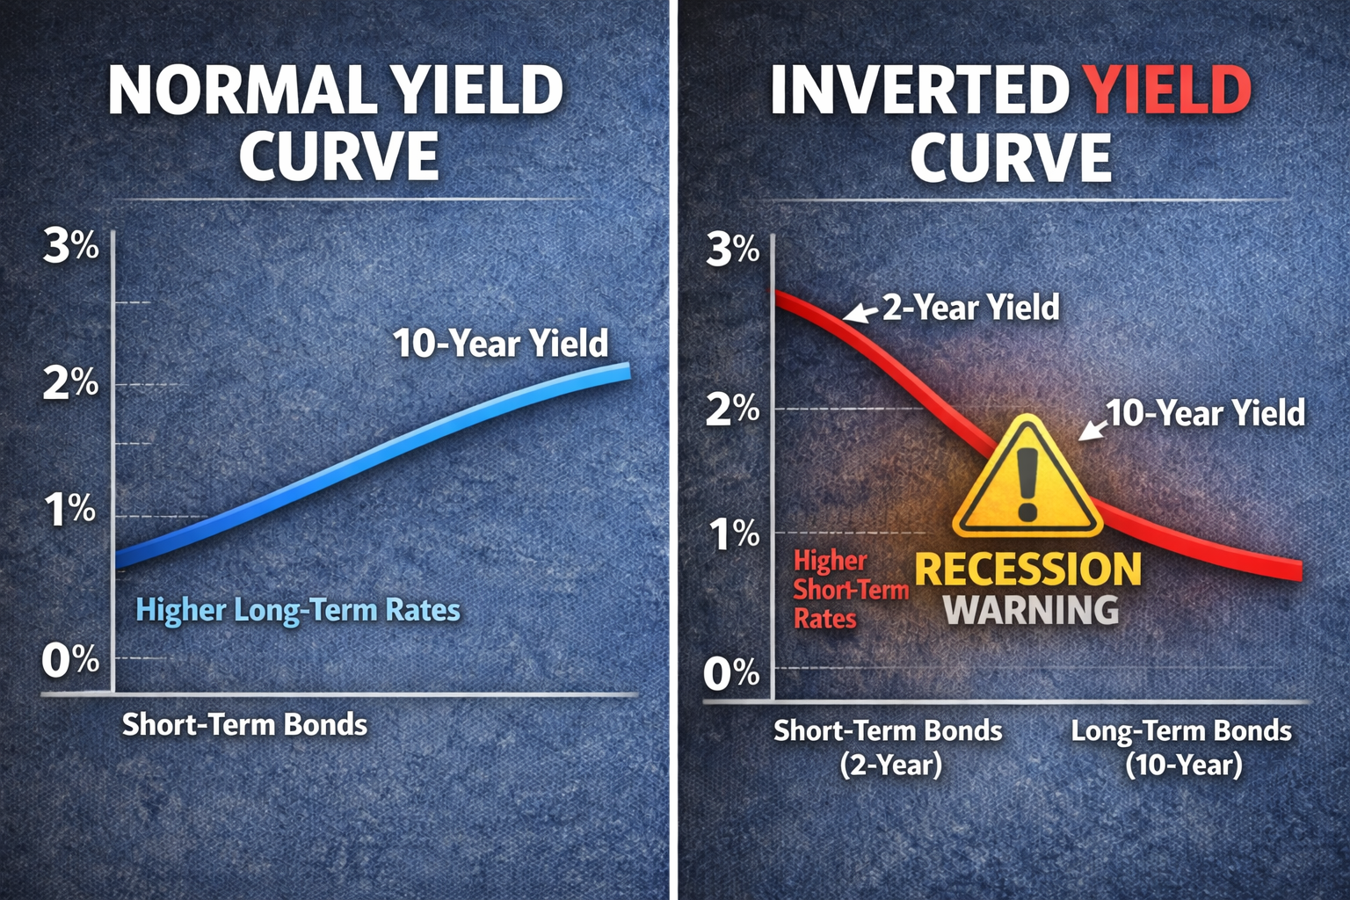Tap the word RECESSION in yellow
coord(1028,570)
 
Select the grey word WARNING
coord(1031,609)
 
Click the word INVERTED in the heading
coord(919,90)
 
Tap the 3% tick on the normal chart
coord(71,246)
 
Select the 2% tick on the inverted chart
coord(732,410)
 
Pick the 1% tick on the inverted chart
coord(734,534)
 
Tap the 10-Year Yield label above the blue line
coord(501,343)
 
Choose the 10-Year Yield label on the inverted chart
coord(1205,413)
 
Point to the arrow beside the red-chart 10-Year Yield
coord(1092,430)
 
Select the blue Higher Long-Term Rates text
coord(298,610)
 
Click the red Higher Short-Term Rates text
coord(851,590)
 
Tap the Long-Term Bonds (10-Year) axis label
coord(1182,748)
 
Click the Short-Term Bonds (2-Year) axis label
coord(889,748)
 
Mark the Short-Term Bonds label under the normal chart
coord(244,724)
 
